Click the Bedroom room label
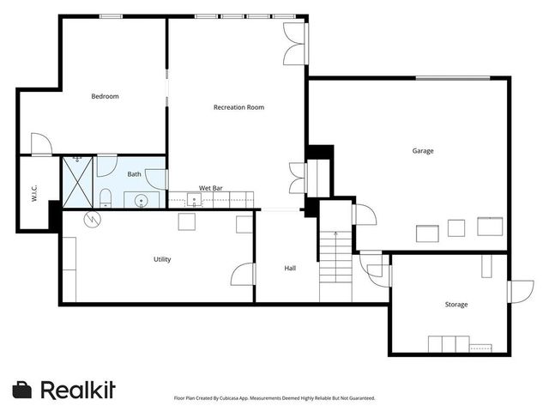coord(105,96)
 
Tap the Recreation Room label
coord(238,107)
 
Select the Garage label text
coord(422,151)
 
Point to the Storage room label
coord(455,305)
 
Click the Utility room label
coord(162,259)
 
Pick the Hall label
coord(290,269)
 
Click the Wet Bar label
coord(211,187)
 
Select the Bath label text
coord(135,174)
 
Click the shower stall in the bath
coord(77,181)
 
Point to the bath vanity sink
coord(142,201)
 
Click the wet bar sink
coord(195,201)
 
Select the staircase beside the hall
coord(335,266)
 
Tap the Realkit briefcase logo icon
coord(23,390)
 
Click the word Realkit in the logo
coord(78,390)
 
